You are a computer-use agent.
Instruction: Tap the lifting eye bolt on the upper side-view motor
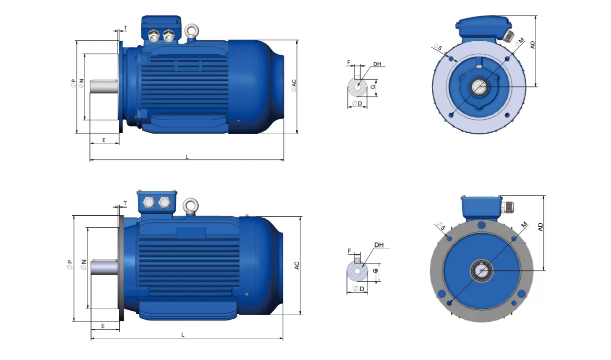191,31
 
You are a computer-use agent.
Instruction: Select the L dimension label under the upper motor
187,157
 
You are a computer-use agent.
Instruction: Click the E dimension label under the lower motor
103,326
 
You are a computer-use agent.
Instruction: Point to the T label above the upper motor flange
125,28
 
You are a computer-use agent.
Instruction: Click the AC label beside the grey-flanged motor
297,265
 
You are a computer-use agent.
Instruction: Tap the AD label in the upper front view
532,44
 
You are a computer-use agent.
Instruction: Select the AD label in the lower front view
540,226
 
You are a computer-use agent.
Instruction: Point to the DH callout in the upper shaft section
377,64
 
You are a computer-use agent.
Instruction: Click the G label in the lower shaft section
376,272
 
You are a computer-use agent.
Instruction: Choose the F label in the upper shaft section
348,63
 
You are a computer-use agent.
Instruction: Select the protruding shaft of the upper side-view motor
104,86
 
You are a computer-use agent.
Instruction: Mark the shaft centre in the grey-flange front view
481,271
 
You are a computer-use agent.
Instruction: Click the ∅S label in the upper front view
439,48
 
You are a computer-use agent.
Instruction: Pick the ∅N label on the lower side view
83,264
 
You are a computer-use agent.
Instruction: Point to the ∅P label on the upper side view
73,84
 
